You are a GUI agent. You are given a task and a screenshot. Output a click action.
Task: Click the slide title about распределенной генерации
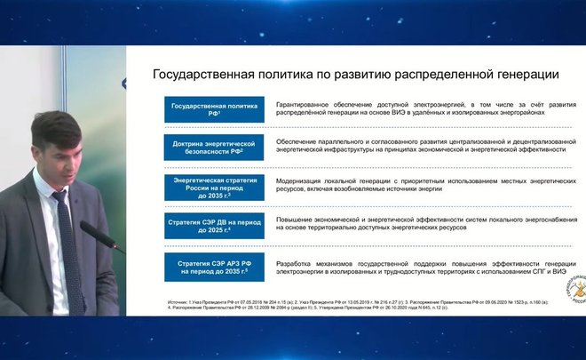355,74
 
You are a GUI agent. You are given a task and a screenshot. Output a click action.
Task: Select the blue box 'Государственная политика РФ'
213,110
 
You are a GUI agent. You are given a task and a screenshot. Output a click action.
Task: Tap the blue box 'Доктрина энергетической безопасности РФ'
213,148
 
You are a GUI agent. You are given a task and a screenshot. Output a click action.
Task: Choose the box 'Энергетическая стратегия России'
213,187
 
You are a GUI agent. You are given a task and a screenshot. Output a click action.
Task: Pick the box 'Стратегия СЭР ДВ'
213,225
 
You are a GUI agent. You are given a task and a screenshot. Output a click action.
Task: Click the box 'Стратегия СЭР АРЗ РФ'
213,264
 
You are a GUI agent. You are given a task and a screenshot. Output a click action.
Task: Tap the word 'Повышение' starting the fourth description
297,219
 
